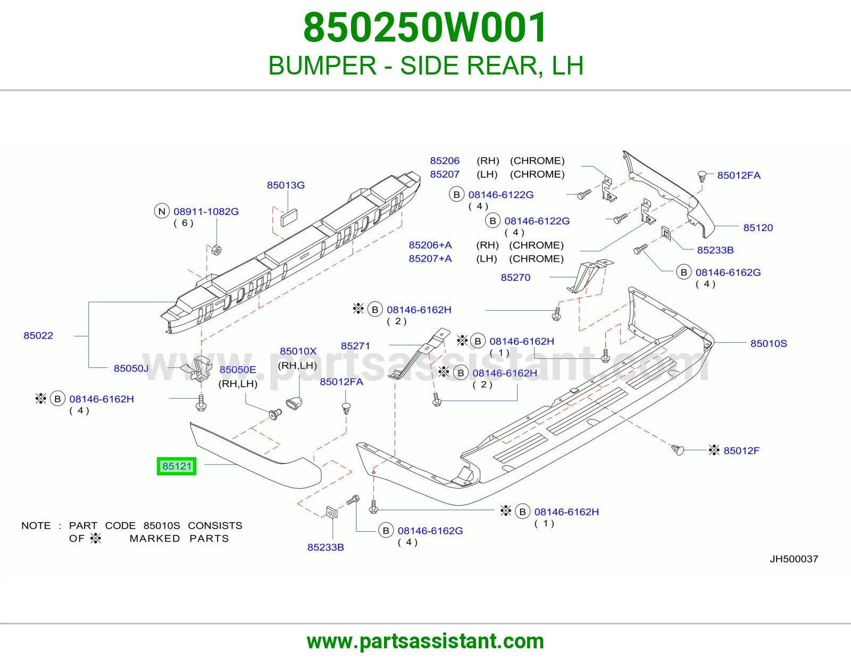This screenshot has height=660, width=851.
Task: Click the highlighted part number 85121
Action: (177, 466)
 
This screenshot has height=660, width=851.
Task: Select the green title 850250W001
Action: (425, 28)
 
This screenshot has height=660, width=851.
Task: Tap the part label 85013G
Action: (286, 185)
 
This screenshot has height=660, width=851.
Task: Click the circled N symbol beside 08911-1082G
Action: (162, 211)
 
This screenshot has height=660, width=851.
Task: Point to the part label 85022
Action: (38, 335)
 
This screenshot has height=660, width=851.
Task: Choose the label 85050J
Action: (131, 368)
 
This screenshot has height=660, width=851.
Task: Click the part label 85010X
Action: (298, 351)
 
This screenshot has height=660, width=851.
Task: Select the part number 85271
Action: (355, 345)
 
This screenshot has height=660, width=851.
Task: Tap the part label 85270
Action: (515, 277)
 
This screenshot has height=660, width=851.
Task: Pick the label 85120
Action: (758, 228)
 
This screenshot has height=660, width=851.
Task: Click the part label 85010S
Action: (769, 343)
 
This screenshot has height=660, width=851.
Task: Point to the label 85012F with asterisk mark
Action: (734, 450)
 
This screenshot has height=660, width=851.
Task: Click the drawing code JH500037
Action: (794, 559)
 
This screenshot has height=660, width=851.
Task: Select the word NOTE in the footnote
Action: (36, 525)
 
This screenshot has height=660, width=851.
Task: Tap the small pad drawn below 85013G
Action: (289, 218)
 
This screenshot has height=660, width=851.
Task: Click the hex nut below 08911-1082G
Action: (216, 250)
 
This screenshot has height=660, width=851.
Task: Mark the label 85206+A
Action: (430, 245)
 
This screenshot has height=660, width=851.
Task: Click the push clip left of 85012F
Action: (678, 450)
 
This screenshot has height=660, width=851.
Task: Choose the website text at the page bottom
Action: (425, 641)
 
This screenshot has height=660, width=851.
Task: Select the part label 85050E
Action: (238, 369)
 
